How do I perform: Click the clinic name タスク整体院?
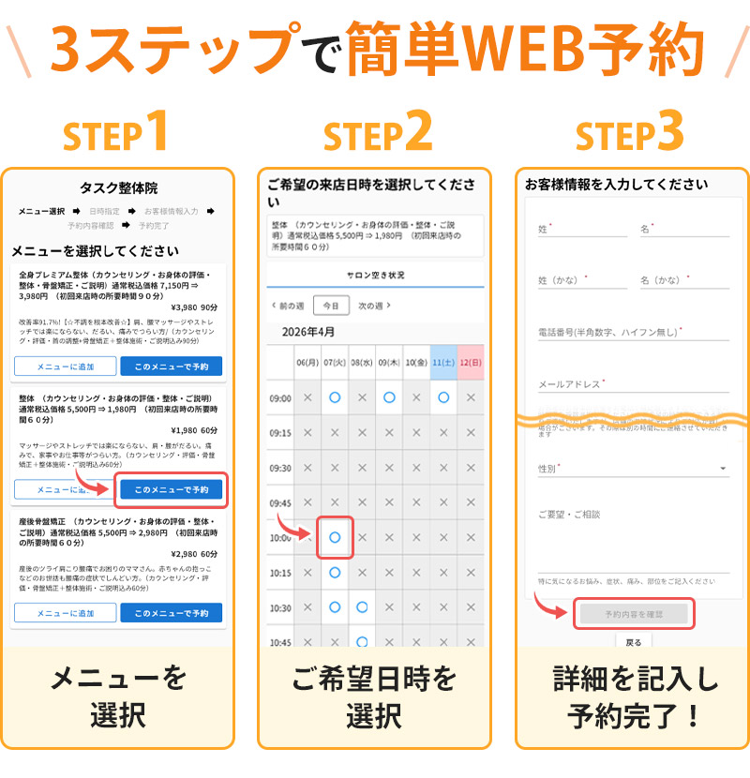tap(118, 188)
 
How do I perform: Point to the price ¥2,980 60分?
tap(194, 554)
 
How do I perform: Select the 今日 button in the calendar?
tap(331, 306)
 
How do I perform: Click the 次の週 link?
tap(374, 306)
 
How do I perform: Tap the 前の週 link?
tap(287, 306)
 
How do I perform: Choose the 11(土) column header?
tap(443, 362)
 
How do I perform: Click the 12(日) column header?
tap(471, 362)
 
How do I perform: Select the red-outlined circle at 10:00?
tap(335, 537)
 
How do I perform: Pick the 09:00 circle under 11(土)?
tap(443, 397)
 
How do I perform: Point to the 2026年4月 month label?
tap(308, 332)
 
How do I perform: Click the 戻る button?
tap(634, 643)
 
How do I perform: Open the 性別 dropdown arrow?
tap(723, 469)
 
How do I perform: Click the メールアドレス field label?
tap(571, 383)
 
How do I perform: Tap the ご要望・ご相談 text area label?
tap(569, 515)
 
